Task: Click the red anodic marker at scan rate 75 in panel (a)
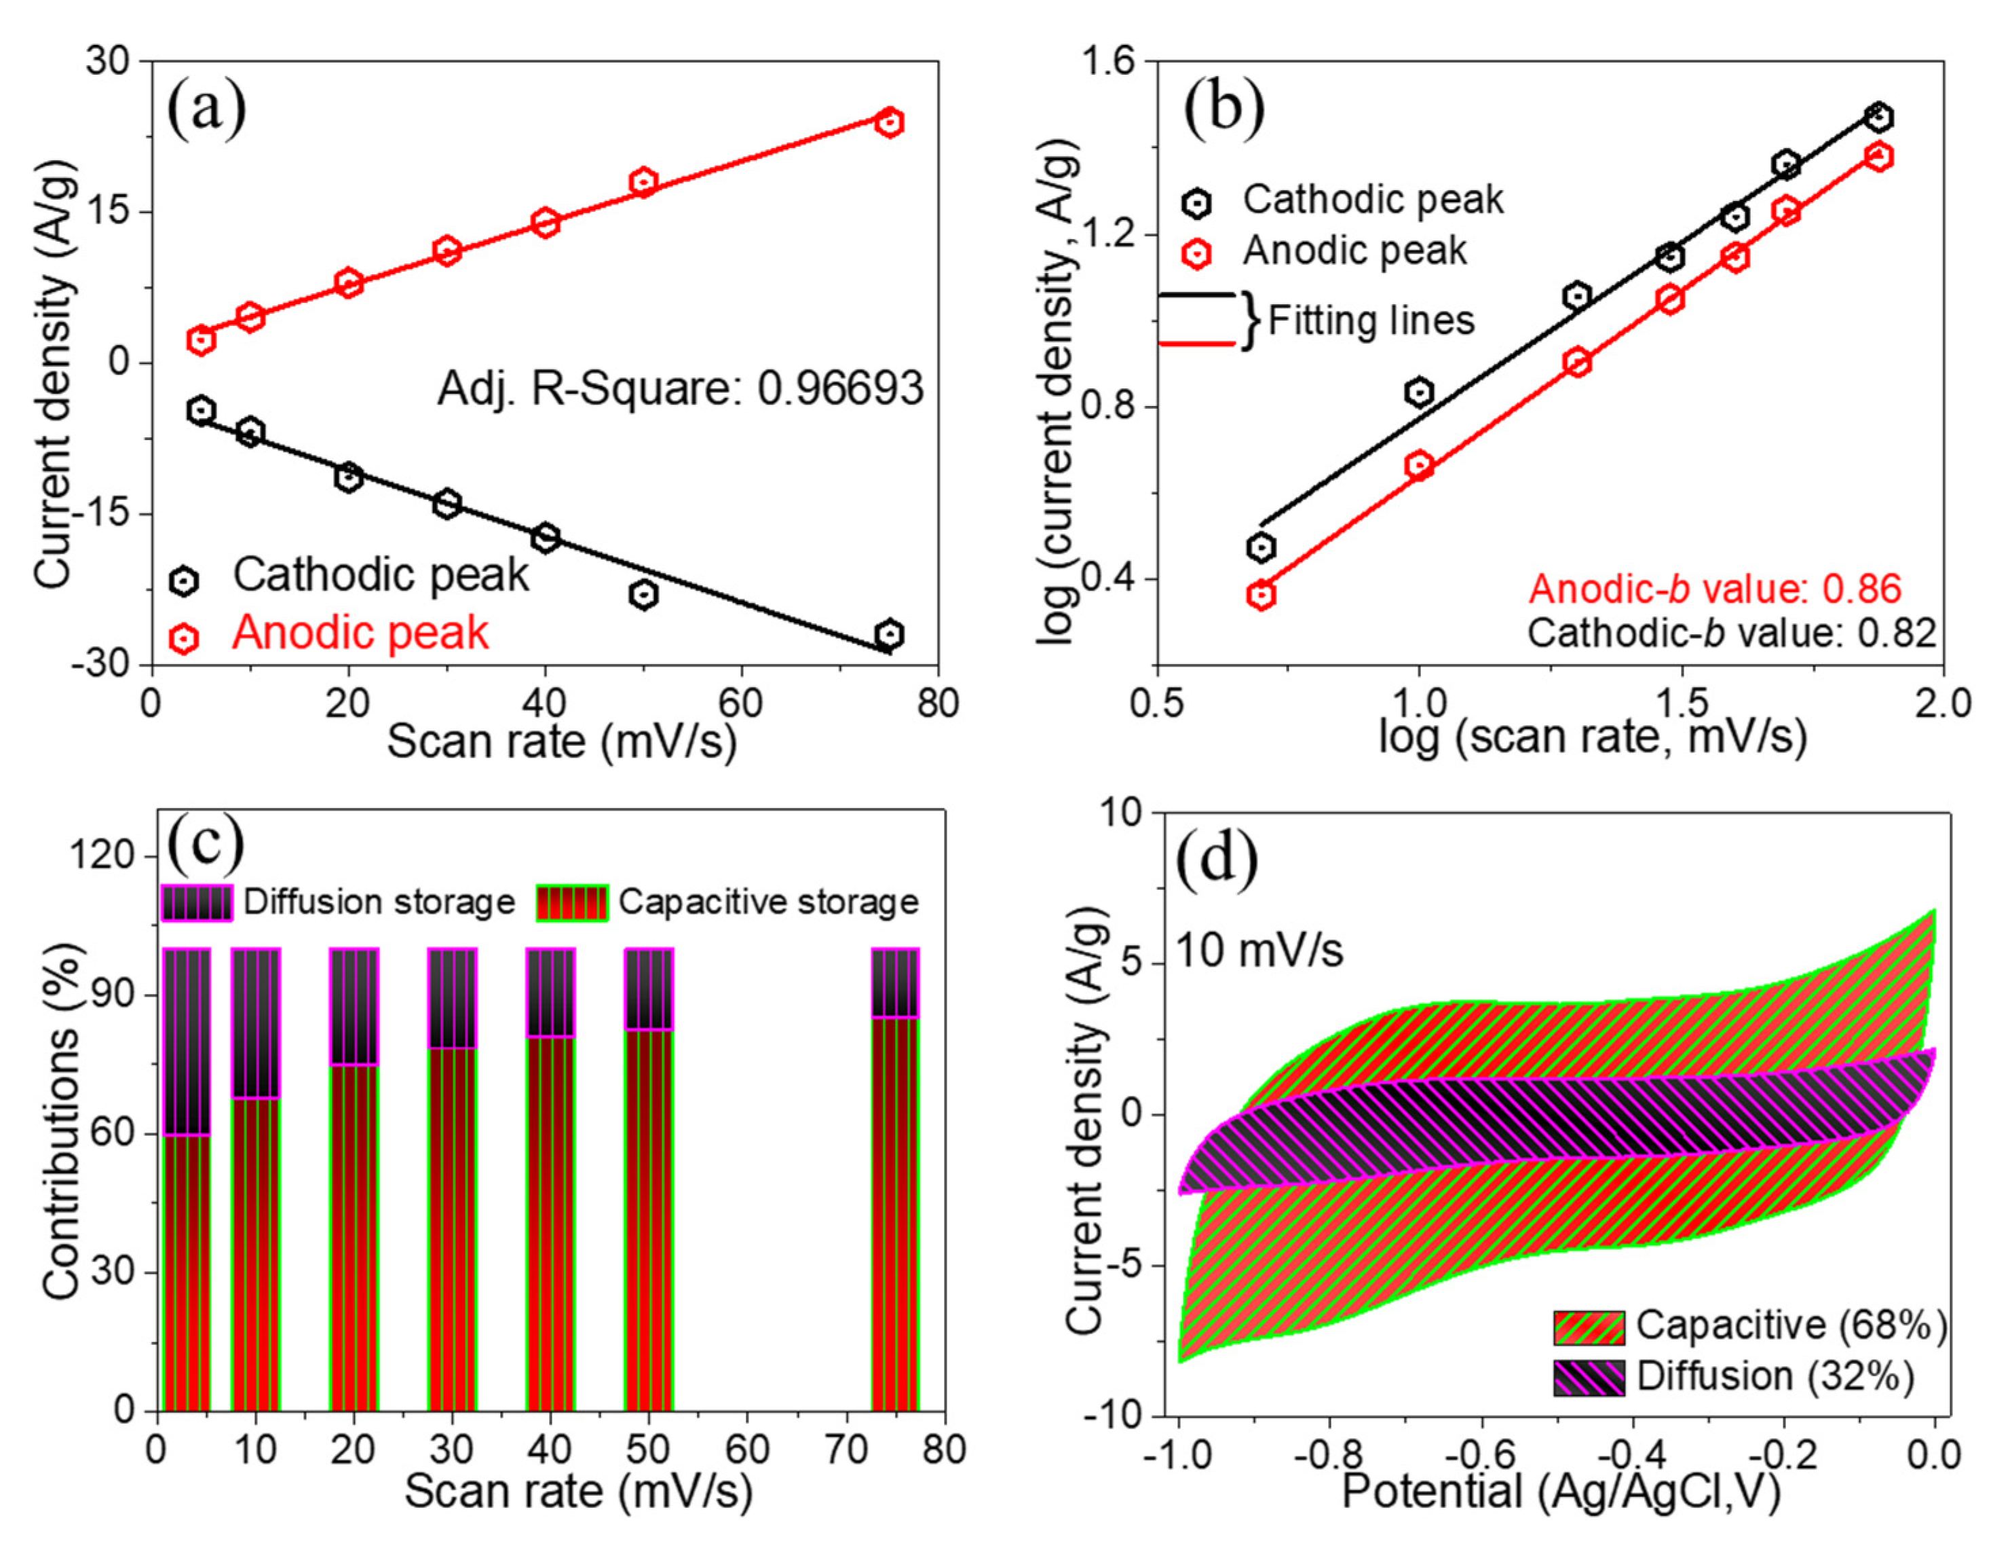click(888, 122)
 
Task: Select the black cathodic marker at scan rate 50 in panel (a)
click(643, 594)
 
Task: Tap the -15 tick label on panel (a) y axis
click(104, 514)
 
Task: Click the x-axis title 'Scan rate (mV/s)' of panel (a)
click(561, 741)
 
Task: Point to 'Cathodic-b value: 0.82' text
click(1731, 633)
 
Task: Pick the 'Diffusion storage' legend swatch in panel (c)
click(196, 902)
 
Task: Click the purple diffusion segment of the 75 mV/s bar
click(894, 982)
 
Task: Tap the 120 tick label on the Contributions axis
click(101, 856)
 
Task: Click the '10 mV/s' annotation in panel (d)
click(1258, 950)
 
